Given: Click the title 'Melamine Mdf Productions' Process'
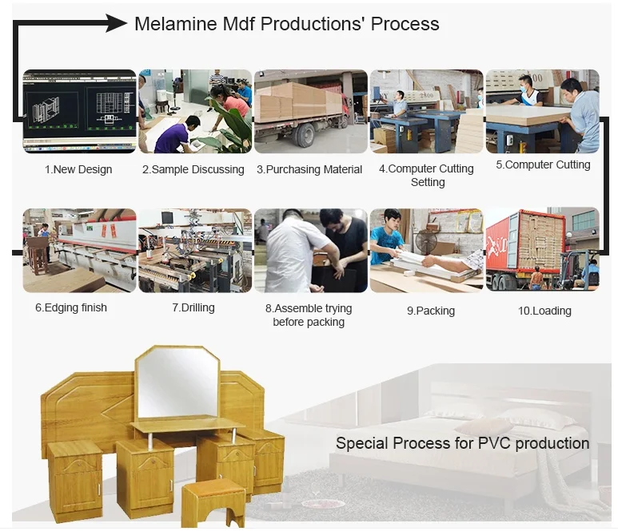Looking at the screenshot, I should (x=286, y=24).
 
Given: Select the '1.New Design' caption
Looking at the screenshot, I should (x=78, y=169).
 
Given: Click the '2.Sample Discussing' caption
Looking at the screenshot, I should (x=193, y=169).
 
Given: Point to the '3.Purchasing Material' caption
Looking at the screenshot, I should (x=309, y=169).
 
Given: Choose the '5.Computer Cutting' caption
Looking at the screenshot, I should (x=543, y=164).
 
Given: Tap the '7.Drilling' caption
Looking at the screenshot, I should (x=193, y=307).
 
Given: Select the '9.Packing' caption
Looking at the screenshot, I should (x=430, y=311).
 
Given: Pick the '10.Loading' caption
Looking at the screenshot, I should (x=544, y=311).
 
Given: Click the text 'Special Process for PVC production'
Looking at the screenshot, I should (x=462, y=443).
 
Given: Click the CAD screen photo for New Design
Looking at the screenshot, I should (x=78, y=111).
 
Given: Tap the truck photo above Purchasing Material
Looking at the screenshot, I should (x=310, y=111).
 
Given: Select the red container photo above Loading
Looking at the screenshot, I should (x=542, y=250).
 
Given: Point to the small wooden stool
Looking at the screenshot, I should (x=213, y=500).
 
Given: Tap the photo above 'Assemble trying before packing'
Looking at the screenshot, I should (x=310, y=250).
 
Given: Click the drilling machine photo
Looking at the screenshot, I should (x=194, y=250).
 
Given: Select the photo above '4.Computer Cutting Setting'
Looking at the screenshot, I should (x=426, y=111).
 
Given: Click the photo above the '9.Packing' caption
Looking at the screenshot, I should (x=426, y=250).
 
